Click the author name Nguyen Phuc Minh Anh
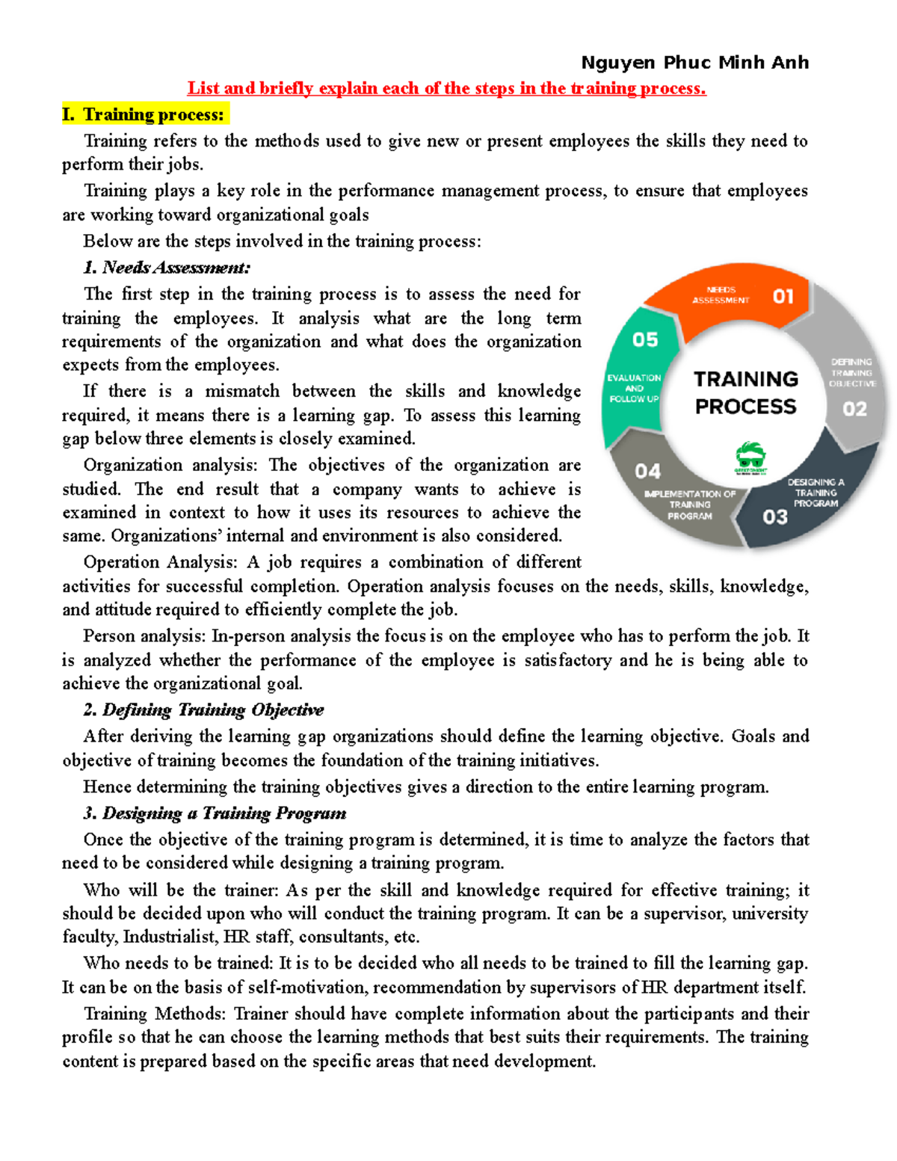(694, 63)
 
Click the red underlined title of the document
(446, 88)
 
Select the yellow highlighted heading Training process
(146, 114)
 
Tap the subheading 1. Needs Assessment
(167, 268)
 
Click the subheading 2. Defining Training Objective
(203, 709)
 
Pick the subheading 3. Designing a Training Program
(215, 813)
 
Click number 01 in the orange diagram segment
(783, 297)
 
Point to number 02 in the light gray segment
(854, 409)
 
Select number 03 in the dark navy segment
(775, 517)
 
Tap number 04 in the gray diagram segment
(647, 471)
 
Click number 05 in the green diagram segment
(645, 340)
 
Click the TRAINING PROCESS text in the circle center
(745, 392)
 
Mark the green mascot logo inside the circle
(750, 458)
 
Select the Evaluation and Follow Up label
(634, 388)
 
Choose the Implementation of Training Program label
(690, 505)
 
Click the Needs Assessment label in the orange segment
(721, 295)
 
